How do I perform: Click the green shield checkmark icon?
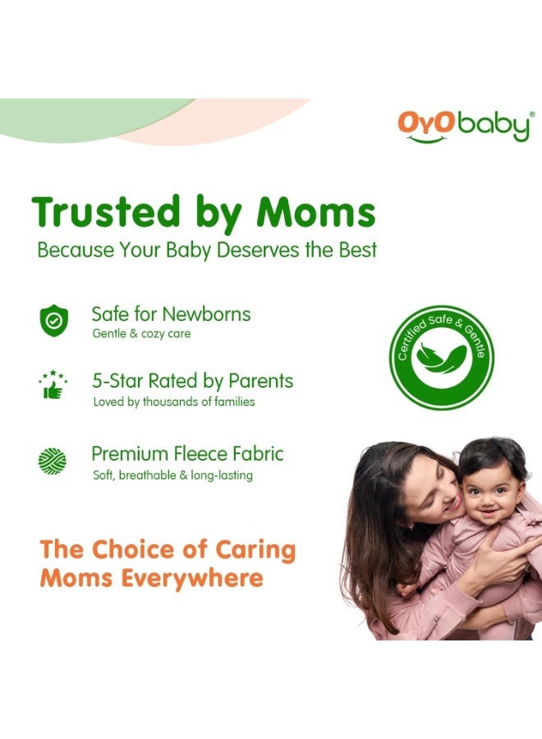pyautogui.click(x=54, y=319)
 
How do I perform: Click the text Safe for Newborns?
pyautogui.click(x=171, y=314)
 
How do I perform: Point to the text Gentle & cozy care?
pyautogui.click(x=141, y=334)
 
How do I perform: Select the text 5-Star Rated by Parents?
pyautogui.click(x=192, y=381)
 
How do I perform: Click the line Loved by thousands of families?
pyautogui.click(x=173, y=402)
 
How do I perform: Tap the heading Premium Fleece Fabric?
pyautogui.click(x=187, y=453)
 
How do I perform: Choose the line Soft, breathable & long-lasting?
pyautogui.click(x=172, y=475)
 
